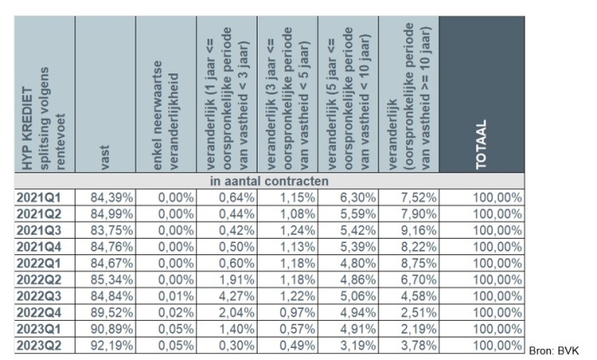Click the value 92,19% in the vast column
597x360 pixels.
[111, 345]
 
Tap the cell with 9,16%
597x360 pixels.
[418, 230]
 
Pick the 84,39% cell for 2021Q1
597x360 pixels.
[111, 197]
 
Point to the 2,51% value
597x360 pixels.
[418, 312]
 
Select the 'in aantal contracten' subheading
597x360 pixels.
[270, 182]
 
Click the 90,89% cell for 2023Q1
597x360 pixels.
[111, 329]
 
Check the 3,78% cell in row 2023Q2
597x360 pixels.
[418, 345]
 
